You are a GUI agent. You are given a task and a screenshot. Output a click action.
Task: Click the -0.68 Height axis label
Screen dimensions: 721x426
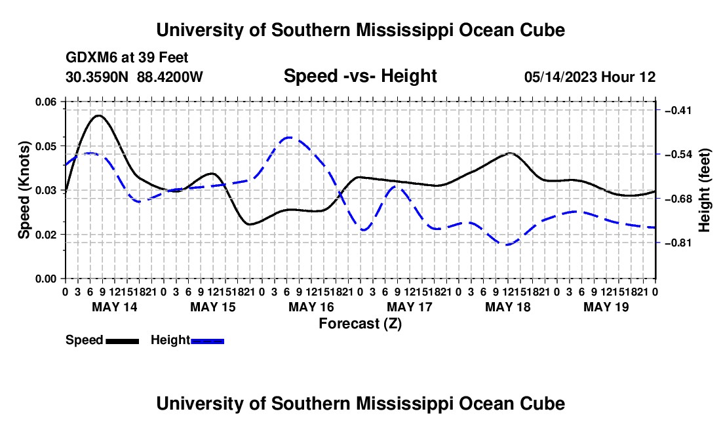[678, 199]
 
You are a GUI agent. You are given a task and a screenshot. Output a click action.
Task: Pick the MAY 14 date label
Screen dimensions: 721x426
[115, 307]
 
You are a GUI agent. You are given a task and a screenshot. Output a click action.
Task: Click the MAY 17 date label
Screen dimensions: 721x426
[410, 307]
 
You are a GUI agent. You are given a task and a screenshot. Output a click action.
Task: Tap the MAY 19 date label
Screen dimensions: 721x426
[606, 307]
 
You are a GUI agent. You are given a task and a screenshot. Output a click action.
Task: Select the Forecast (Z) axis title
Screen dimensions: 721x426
[360, 324]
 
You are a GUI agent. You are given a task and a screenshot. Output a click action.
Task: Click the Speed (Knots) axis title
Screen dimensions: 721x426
[24, 190]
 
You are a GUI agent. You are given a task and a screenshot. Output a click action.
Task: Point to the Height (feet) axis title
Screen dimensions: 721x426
[704, 190]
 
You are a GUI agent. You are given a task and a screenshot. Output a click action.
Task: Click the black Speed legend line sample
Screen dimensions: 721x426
[123, 341]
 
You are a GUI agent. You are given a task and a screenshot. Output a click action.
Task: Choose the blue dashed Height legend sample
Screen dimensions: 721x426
[207, 341]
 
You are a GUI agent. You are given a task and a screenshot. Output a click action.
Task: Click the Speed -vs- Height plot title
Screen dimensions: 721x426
[360, 76]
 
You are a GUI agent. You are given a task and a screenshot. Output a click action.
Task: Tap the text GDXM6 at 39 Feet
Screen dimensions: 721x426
[127, 58]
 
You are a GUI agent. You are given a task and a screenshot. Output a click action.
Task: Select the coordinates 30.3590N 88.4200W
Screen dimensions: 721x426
[134, 77]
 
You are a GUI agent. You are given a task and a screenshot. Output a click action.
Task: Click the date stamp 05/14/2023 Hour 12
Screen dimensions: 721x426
[590, 77]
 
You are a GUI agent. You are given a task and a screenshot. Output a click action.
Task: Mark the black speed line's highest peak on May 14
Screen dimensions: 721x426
[99, 115]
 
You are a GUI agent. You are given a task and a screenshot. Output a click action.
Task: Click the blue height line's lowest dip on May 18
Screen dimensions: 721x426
[507, 244]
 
